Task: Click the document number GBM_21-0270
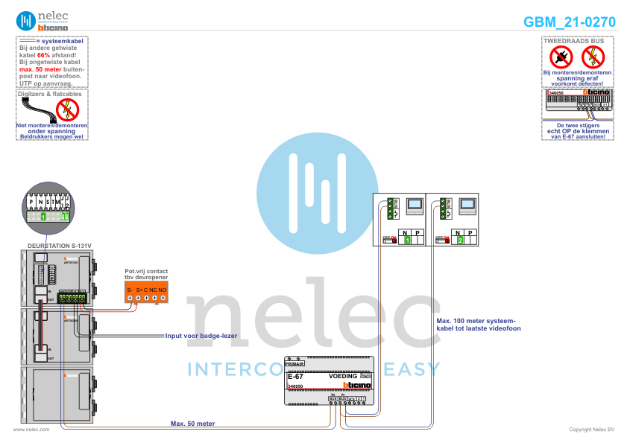569,22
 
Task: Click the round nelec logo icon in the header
26,20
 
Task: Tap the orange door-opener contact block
145,293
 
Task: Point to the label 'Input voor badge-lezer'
201,336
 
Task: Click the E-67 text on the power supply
295,377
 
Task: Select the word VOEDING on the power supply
344,377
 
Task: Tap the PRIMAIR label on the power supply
305,363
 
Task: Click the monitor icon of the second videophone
467,205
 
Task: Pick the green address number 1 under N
407,240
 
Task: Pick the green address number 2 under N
461,240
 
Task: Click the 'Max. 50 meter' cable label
192,423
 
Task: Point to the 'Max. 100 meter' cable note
478,324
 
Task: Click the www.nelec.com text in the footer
32,430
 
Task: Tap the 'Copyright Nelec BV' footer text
591,430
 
